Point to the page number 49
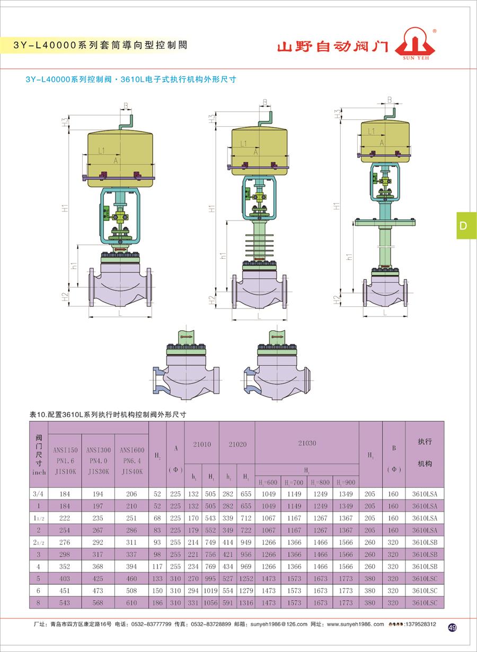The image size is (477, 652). tap(452, 628)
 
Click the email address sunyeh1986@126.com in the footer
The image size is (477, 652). tap(276, 624)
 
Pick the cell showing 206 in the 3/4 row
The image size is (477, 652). tap(131, 494)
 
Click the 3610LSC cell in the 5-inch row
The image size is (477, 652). tap(425, 579)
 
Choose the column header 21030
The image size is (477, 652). tap(306, 443)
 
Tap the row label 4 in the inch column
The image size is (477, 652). tap(39, 567)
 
